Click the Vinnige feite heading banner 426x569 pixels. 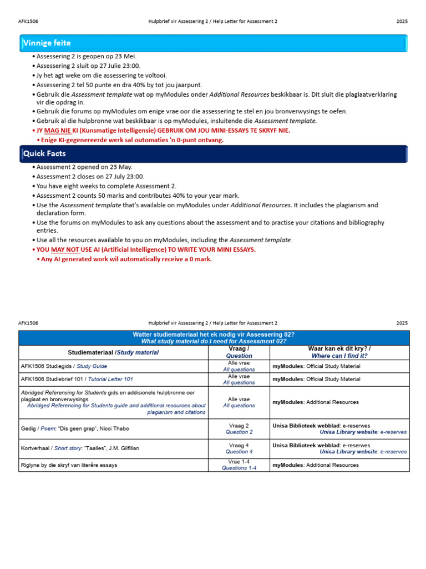pyautogui.click(x=213, y=43)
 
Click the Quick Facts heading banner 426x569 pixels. pyautogui.click(x=213, y=154)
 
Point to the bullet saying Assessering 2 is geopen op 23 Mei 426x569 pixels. pyautogui.click(x=86, y=56)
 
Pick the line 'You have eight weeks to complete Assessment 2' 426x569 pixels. pyautogui.click(x=106, y=186)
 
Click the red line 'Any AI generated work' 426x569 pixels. pyautogui.click(x=126, y=259)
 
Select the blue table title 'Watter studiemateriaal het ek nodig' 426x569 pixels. pyautogui.click(x=214, y=337)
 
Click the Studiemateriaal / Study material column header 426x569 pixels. pyautogui.click(x=113, y=352)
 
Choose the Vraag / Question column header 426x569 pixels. pyautogui.click(x=239, y=352)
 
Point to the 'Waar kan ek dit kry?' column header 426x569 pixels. pyautogui.click(x=339, y=352)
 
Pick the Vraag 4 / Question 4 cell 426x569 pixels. pyautogui.click(x=239, y=448)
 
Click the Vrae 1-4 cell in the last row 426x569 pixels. pyautogui.click(x=239, y=465)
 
